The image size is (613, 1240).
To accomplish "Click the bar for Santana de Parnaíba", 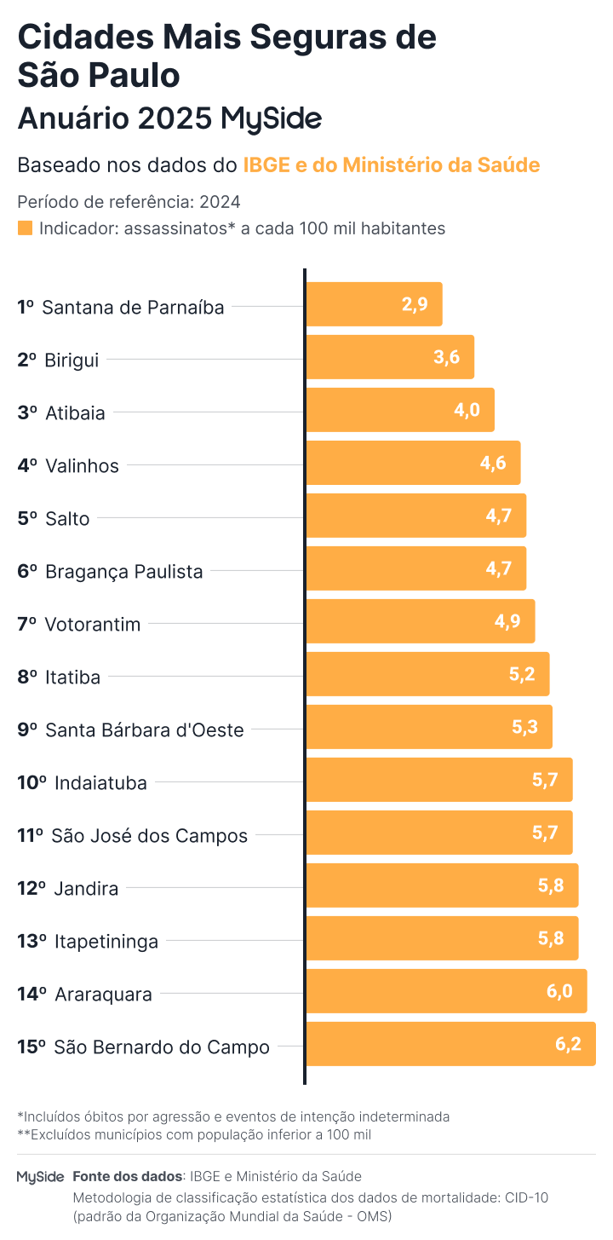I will pyautogui.click(x=374, y=304).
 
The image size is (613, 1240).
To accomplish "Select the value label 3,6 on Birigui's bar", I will pyautogui.click(x=446, y=357).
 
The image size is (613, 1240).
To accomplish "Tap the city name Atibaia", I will pyautogui.click(x=75, y=413).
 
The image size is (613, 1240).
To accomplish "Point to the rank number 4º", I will pyautogui.click(x=27, y=465).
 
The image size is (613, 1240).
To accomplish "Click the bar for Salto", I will pyautogui.click(x=415, y=516).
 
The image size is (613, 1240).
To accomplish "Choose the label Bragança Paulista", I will pyautogui.click(x=123, y=571).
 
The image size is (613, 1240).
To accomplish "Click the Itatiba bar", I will pyautogui.click(x=427, y=674).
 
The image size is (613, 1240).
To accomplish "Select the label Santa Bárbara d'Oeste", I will pyautogui.click(x=144, y=730).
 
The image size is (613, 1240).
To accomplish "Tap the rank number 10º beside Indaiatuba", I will pyautogui.click(x=32, y=782).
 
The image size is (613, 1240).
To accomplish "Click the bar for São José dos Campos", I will pyautogui.click(x=438, y=833).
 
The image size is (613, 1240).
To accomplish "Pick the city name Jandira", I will pyautogui.click(x=86, y=888).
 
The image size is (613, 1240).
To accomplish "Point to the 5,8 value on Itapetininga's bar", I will pyautogui.click(x=551, y=938).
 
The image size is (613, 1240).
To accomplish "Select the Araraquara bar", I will pyautogui.click(x=446, y=991).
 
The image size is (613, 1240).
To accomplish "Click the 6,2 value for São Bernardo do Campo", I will pyautogui.click(x=568, y=1044).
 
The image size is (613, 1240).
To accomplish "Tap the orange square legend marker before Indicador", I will pyautogui.click(x=25, y=228).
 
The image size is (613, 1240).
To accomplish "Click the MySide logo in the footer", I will pyautogui.click(x=40, y=1177).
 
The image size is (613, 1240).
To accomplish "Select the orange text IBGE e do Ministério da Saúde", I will pyautogui.click(x=391, y=164).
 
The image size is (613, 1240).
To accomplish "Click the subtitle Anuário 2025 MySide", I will pyautogui.click(x=169, y=118).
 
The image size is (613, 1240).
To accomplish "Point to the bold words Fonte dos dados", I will pyautogui.click(x=128, y=1176).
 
